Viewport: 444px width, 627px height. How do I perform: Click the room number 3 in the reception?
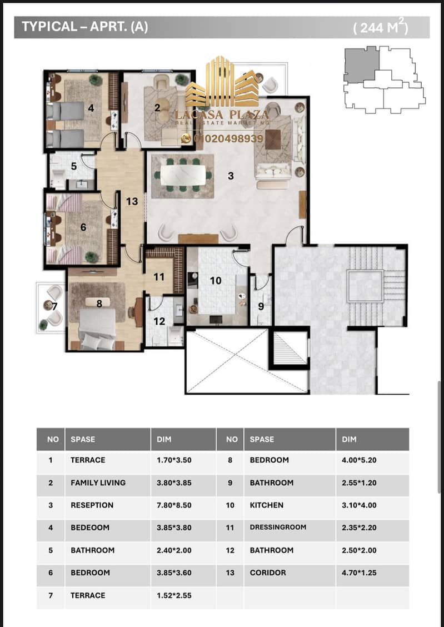coord(231,176)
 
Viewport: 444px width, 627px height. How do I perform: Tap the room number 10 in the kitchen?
coord(216,281)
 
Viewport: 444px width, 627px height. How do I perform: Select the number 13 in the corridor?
coord(132,201)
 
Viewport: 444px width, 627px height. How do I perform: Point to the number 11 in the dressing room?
coord(159,276)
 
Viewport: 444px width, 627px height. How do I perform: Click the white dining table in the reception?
coord(183,175)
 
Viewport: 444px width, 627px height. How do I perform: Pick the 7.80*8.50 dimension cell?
coord(174,505)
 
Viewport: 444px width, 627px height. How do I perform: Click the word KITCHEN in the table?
coord(267,505)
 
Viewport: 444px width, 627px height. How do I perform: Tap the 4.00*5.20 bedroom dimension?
coord(359,460)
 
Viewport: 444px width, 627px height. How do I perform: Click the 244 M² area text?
coord(381,27)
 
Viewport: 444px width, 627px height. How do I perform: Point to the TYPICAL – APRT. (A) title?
coord(84,27)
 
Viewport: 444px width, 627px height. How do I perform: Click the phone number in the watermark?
coord(228,138)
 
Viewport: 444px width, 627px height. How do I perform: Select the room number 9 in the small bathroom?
coord(261,307)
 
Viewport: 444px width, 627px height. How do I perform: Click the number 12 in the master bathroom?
coord(159,321)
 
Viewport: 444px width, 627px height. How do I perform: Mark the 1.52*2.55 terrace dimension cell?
coord(174,595)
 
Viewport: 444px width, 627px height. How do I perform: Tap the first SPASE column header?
coord(83,439)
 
